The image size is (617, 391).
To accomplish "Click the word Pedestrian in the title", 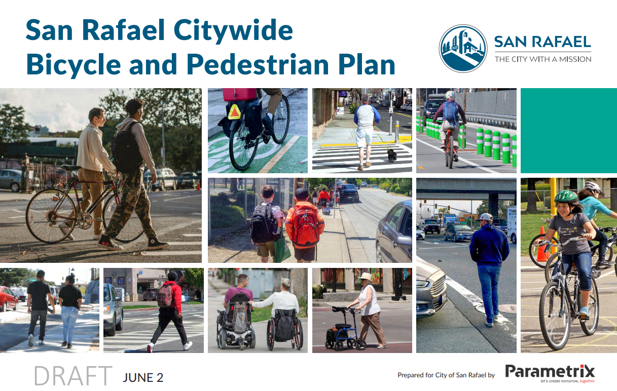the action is point(257,65).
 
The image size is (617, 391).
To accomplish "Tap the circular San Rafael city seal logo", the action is point(463,49).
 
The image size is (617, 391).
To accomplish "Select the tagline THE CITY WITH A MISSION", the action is point(543,59).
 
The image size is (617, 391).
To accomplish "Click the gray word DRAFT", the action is point(73,376).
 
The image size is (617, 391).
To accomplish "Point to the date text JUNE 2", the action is point(143,377).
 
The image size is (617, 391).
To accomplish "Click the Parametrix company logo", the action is point(550,373).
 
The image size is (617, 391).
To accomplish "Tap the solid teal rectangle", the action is point(568,131).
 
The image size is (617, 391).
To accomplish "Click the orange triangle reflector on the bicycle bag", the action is point(234,112).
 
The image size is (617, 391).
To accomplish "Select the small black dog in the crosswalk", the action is point(392,155).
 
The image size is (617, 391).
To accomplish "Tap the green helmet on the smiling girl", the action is point(566,197).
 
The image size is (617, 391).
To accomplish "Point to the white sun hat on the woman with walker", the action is point(366,276).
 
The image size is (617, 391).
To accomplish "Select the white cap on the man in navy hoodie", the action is point(486,217).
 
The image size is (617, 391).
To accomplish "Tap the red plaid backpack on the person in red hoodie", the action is point(165,295).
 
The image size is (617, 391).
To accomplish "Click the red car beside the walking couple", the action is point(8,299).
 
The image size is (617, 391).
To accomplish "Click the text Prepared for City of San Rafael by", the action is point(446,375).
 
